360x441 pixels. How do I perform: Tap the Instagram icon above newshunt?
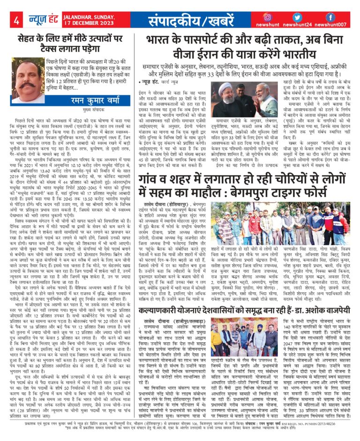coord(269,17)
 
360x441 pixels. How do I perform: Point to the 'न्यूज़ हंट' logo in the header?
coord(43,20)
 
